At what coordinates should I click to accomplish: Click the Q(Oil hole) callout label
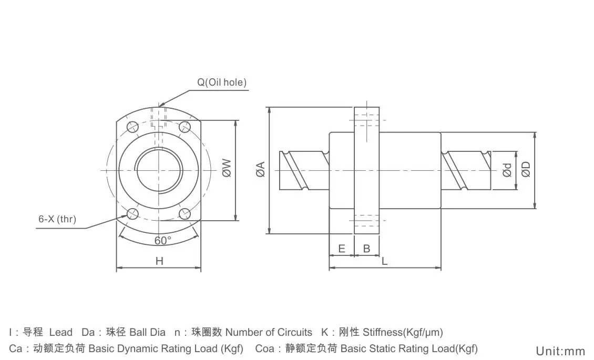point(222,82)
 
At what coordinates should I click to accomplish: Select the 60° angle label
point(163,240)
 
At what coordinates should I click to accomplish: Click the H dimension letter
point(159,261)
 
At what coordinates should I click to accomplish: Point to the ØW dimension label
point(227,168)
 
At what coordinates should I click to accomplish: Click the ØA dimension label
point(260,170)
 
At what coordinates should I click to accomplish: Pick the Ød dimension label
point(507,170)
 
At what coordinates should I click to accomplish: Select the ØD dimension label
point(526,169)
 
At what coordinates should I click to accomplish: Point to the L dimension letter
point(385,261)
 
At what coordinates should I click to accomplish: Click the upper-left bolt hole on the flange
point(132,127)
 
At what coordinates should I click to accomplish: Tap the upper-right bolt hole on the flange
point(184,127)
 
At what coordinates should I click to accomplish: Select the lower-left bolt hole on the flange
point(132,213)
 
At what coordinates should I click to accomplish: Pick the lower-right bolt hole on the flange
point(184,213)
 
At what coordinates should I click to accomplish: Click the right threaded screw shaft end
point(465,170)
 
